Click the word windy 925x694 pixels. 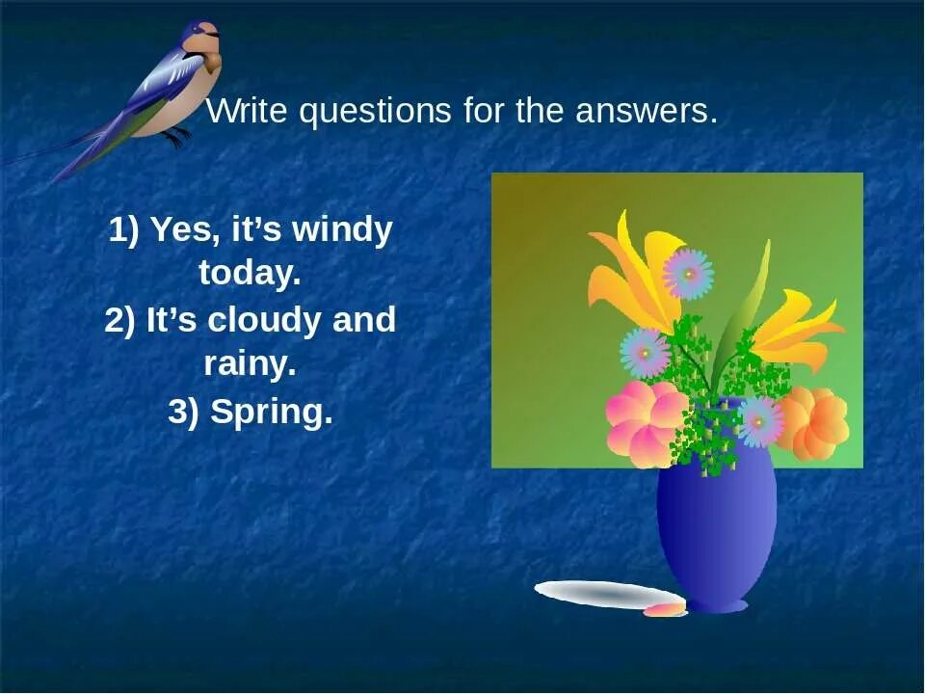click(x=342, y=231)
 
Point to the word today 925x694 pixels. click(x=250, y=275)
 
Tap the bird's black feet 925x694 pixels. click(x=175, y=138)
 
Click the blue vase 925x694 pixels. click(x=716, y=530)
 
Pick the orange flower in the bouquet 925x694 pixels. click(x=812, y=422)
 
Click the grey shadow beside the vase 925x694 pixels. click(x=597, y=594)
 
